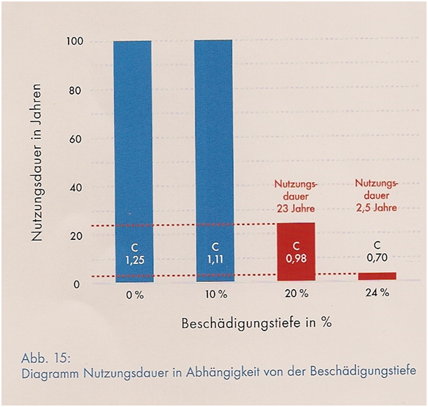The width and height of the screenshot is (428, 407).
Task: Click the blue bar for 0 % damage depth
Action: (x=134, y=161)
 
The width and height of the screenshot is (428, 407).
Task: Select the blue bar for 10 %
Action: (x=214, y=160)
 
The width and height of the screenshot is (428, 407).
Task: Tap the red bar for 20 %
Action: (x=296, y=252)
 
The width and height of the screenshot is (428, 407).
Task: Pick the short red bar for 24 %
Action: (x=377, y=276)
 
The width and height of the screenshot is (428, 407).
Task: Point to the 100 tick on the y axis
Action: (x=75, y=41)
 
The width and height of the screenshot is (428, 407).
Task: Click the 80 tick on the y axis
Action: (x=75, y=90)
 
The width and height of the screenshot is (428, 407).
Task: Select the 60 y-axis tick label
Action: (x=75, y=139)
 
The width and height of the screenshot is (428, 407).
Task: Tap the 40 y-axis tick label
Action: (x=75, y=188)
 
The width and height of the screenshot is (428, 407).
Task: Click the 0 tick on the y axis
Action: (x=77, y=285)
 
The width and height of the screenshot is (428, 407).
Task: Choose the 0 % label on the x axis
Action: (x=135, y=296)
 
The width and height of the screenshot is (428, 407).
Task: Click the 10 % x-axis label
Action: (x=217, y=295)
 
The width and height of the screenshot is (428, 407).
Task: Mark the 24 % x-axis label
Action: (x=377, y=293)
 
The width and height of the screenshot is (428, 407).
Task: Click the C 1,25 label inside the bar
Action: (x=135, y=254)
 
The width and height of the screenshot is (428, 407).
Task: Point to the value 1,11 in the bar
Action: (x=215, y=260)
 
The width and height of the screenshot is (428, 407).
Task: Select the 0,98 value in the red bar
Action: (x=296, y=258)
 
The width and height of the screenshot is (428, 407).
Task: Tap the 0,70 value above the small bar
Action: (x=377, y=257)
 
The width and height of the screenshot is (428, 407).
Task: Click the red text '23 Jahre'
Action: (x=296, y=209)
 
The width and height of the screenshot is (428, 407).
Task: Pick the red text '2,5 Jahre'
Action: (x=377, y=207)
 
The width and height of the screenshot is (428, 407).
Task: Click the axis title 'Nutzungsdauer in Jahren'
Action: (x=37, y=163)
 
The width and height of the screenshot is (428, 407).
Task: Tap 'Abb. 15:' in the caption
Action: (x=46, y=359)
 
